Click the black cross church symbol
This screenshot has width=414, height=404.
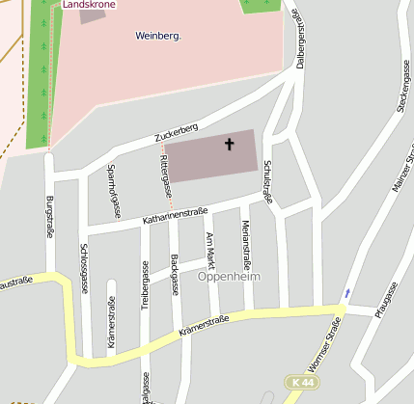point(230,146)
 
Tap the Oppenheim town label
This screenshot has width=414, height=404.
point(229,276)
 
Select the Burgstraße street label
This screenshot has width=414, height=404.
point(49,216)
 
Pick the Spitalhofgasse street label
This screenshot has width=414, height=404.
point(111,191)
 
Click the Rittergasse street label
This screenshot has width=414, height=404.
point(166,170)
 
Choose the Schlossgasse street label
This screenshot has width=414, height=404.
point(83,268)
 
